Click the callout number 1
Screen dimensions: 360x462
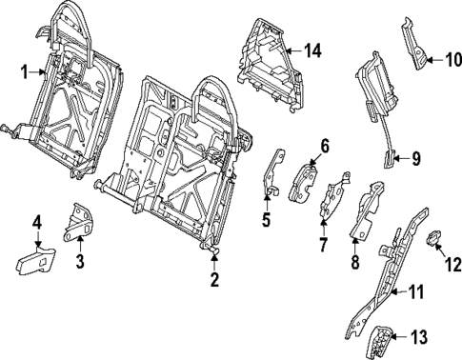(24, 70)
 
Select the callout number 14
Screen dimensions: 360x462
(311, 50)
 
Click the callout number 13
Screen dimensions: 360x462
(421, 337)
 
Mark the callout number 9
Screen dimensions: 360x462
(415, 158)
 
